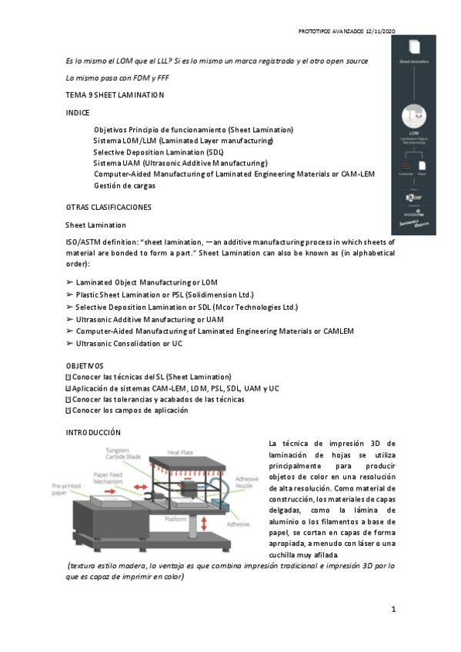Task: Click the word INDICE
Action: [79, 112]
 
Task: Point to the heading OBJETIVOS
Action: [85, 366]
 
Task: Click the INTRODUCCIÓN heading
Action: [94, 434]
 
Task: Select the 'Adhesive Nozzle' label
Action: [246, 481]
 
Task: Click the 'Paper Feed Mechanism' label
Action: [111, 479]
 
